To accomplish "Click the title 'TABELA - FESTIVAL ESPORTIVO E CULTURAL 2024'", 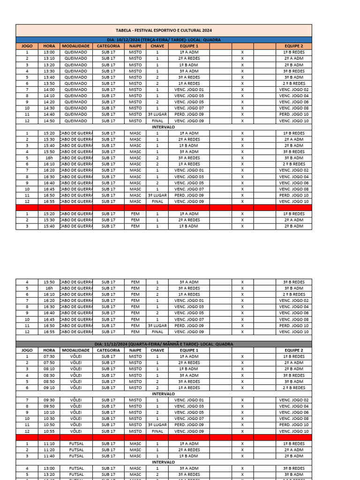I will click(164, 30).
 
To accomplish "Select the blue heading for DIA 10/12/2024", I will click(164, 40).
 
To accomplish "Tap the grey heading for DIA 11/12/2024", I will click(164, 344).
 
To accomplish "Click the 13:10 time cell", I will click(49, 59).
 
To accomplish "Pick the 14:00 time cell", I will click(49, 90).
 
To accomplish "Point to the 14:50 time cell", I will click(49, 121).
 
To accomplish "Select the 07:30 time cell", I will click(49, 357).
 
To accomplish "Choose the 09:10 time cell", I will click(49, 388).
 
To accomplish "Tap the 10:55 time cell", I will click(49, 431).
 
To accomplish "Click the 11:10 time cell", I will click(49, 443).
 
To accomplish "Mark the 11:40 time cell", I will click(49, 456).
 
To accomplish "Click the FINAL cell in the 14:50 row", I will click(157, 121).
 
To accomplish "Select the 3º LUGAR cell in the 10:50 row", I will click(157, 425).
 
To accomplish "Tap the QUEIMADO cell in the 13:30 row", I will click(75, 71).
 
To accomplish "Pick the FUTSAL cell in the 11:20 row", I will click(75, 450).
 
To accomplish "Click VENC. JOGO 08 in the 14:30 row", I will click(294, 108).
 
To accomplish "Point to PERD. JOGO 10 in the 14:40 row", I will click(294, 114).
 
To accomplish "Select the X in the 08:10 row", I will click(242, 369).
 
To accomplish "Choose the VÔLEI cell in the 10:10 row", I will click(75, 412).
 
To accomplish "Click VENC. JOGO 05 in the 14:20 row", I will click(189, 102).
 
